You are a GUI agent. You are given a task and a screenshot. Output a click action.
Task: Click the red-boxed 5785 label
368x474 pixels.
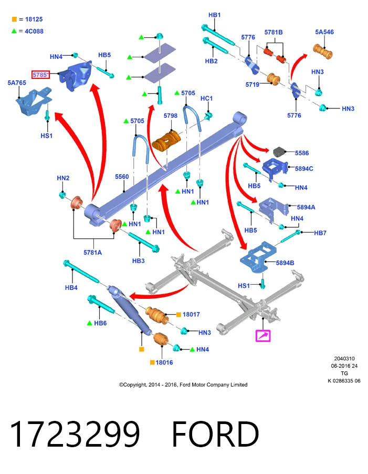coord(40,74)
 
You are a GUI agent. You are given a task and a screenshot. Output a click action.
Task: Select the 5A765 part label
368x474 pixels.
coord(17,83)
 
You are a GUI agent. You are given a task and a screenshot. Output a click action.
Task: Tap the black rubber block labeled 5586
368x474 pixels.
coord(279,152)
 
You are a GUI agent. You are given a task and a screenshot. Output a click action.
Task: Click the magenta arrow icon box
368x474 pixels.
coord(263,336)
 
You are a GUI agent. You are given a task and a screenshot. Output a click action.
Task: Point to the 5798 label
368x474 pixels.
coord(171,116)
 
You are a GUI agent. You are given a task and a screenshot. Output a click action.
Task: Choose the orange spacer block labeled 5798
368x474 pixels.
coord(166,140)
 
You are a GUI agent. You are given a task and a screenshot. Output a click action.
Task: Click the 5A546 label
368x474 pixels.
coord(324,32)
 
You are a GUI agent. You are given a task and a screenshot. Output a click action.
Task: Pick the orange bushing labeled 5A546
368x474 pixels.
coord(323,52)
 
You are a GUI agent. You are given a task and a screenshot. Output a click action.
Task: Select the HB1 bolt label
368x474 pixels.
coord(215,15)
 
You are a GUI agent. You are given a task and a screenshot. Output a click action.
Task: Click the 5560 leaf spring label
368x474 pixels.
coord(122,177)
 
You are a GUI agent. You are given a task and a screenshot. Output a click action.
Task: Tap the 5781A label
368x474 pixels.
coord(92,253)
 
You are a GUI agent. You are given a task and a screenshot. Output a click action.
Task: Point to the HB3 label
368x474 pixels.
coord(139,260)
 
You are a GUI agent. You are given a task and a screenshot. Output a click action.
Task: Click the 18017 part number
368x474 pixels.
coord(191,315)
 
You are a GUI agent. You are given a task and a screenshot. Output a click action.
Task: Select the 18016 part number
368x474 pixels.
coord(164,362)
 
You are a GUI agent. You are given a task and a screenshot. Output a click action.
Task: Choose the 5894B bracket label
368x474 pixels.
coord(285,263)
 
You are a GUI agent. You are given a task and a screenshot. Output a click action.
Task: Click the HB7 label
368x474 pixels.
coord(320,233)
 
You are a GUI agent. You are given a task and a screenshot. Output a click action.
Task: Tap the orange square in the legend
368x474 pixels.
coord(14,19)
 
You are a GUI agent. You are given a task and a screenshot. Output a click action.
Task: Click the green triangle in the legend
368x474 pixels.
coord(14,31)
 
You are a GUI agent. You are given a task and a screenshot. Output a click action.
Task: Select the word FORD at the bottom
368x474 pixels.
coord(215,435)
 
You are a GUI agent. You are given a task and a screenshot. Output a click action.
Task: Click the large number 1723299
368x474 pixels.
coord(75,435)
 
